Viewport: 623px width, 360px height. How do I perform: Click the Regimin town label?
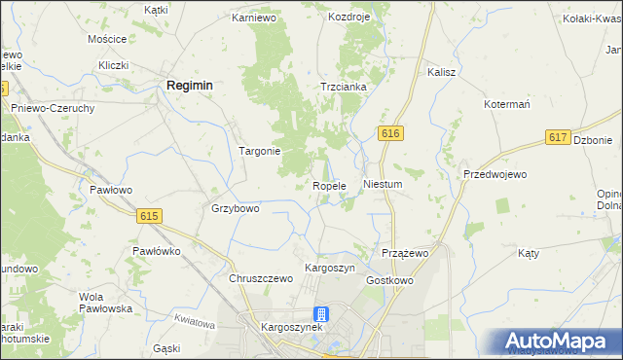190,86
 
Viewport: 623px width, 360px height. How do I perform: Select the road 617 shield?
558,138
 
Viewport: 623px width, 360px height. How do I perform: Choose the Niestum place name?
382,183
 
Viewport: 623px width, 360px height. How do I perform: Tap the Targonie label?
260,151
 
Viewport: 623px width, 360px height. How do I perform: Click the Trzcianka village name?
344,87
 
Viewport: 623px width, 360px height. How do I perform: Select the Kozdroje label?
351,18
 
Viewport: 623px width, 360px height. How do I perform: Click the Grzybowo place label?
236,208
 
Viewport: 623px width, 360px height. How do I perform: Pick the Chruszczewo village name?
261,278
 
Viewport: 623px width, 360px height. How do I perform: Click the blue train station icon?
322,313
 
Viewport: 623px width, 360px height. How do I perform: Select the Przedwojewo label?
495,174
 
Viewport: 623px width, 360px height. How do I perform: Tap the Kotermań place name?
506,103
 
